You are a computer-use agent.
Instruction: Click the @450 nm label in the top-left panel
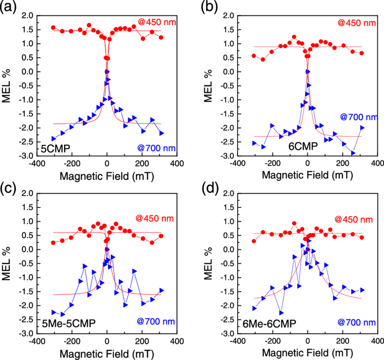(x=157, y=22)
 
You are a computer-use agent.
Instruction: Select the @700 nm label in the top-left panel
(x=156, y=148)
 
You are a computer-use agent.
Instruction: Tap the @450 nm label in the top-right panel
(x=356, y=23)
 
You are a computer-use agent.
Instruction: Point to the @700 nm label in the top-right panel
(x=359, y=117)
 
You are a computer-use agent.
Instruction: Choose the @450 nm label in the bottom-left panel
(x=155, y=219)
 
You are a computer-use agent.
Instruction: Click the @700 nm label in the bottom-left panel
(x=156, y=322)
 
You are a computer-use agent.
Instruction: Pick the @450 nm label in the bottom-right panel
(x=354, y=220)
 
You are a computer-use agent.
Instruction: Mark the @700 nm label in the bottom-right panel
(x=356, y=323)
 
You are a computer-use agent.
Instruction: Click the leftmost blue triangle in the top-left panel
(x=54, y=139)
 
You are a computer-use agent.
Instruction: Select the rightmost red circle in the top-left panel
(x=161, y=37)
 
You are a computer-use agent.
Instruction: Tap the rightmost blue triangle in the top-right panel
(x=362, y=128)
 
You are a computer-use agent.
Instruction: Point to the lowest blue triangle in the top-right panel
(x=353, y=153)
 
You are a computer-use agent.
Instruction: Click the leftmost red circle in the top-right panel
(x=253, y=56)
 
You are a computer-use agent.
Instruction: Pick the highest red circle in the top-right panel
(x=294, y=37)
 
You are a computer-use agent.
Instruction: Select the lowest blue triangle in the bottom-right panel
(x=281, y=313)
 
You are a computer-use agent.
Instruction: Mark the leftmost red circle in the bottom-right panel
(x=253, y=241)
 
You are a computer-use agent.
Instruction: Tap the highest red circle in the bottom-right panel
(x=294, y=223)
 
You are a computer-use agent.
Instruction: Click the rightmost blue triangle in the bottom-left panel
(x=161, y=290)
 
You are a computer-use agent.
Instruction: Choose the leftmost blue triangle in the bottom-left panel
(x=54, y=312)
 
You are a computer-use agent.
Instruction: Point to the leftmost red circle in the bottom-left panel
(x=53, y=243)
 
